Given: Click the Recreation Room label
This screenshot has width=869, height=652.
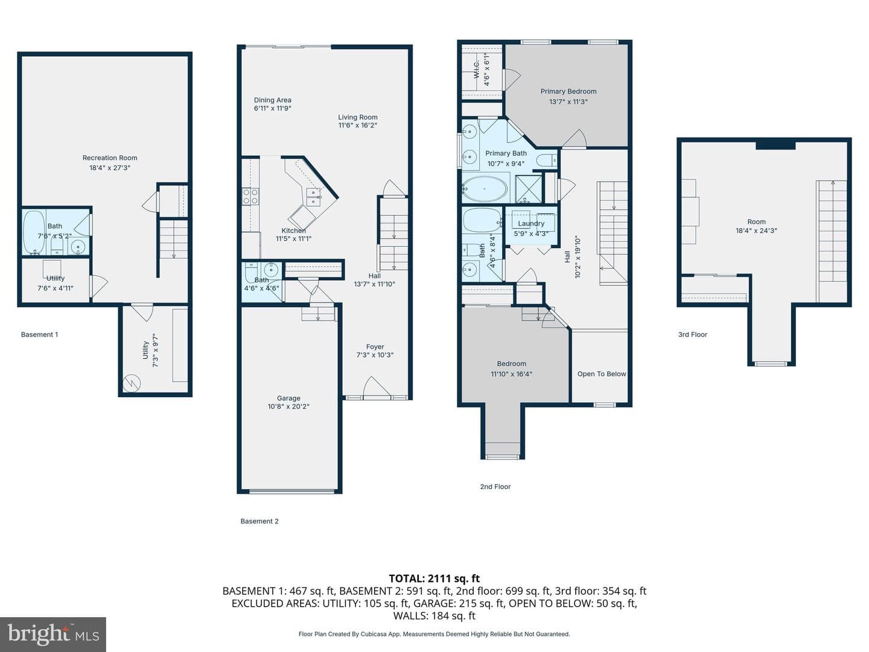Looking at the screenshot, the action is [x=110, y=158].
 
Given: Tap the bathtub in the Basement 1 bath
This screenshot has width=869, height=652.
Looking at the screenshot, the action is [x=34, y=232].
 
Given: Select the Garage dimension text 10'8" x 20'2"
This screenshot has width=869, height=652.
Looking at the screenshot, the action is [x=288, y=406].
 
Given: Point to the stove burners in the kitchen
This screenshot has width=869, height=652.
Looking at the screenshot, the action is [x=250, y=197].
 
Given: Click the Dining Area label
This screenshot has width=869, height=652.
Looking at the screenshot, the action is [x=272, y=100].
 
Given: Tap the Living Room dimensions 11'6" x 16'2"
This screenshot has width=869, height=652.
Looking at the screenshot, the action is [x=357, y=126].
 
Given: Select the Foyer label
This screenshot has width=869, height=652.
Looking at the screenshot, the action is [x=375, y=347].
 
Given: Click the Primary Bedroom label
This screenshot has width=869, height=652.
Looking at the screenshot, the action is [x=568, y=91].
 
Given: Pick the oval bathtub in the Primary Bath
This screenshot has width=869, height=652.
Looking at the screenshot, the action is [x=485, y=189].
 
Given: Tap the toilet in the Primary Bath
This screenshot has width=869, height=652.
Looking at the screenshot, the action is [x=547, y=161].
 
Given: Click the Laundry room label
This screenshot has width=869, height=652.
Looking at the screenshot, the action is [x=531, y=223].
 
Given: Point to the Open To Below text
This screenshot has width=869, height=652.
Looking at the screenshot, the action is [x=602, y=374].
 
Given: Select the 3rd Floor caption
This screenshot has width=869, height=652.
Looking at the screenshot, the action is [x=692, y=334].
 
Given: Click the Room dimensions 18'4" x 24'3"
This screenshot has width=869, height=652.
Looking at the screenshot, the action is [x=756, y=231].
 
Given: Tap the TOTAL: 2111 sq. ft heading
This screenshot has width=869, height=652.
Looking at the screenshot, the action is [x=434, y=579].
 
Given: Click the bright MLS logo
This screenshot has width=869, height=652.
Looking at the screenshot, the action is [x=53, y=634].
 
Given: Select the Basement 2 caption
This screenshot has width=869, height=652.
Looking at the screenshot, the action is [x=259, y=522].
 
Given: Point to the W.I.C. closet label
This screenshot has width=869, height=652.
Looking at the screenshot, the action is [x=477, y=69].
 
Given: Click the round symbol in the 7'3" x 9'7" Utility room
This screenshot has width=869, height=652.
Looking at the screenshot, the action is [x=132, y=383].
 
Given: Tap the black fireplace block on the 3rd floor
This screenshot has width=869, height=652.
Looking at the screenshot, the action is [x=775, y=145].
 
